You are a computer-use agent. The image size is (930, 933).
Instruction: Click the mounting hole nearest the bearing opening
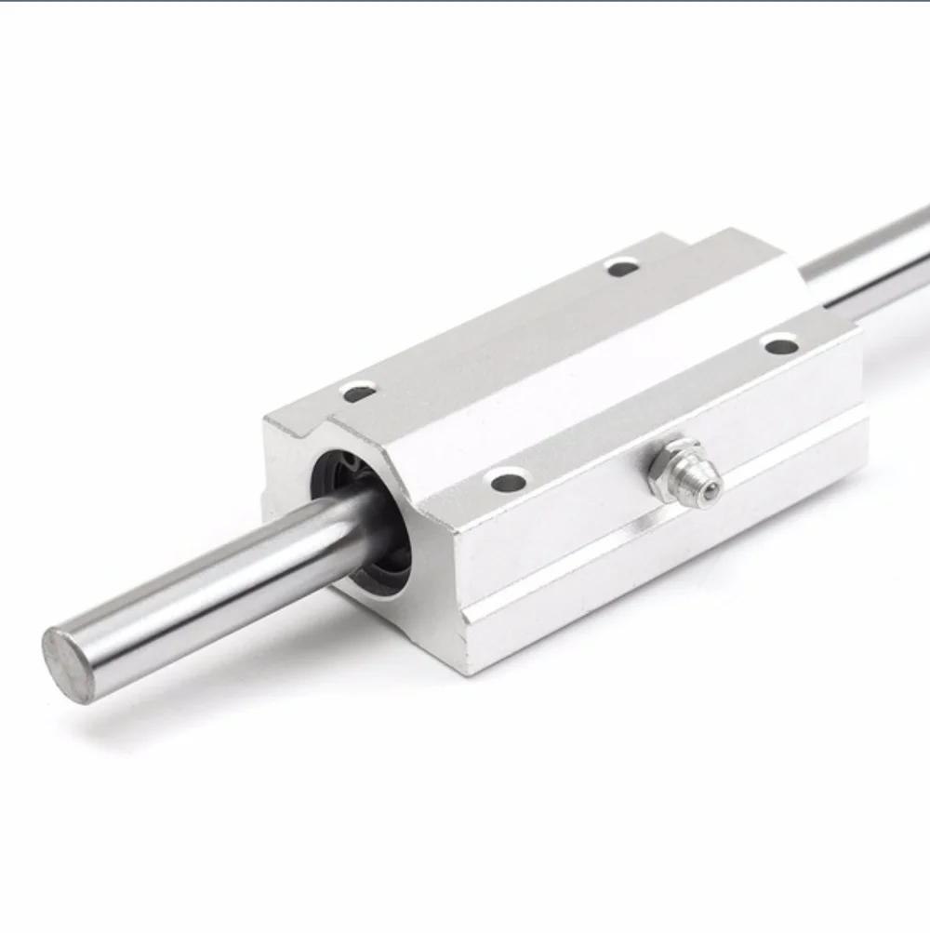(359, 393)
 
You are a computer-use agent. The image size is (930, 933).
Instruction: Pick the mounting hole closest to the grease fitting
(508, 482)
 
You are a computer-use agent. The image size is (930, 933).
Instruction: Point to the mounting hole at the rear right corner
(780, 346)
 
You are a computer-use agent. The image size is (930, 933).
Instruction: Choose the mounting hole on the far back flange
(622, 269)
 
